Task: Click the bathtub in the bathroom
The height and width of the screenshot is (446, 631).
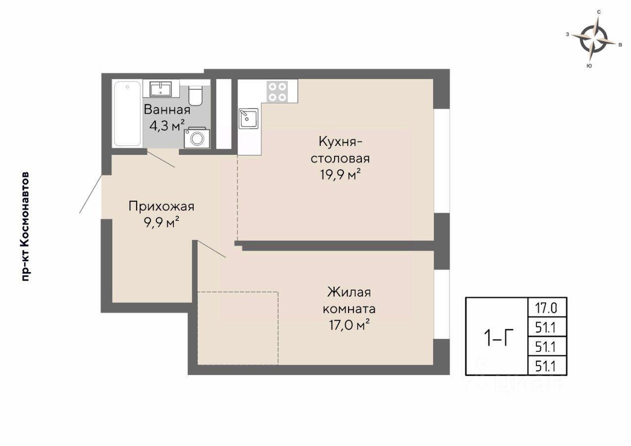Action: click(127, 114)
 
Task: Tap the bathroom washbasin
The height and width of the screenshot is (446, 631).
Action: click(161, 89)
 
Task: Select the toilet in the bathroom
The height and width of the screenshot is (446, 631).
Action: click(195, 96)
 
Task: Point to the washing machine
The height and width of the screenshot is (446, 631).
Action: click(197, 138)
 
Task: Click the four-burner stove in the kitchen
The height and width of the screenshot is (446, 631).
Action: click(278, 91)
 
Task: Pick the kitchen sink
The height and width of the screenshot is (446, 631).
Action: click(248, 119)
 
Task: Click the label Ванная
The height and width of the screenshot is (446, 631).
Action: click(167, 110)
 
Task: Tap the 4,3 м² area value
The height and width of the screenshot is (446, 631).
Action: click(167, 126)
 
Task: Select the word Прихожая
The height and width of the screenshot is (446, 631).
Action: click(161, 206)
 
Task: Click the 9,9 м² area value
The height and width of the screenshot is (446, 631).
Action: click(162, 223)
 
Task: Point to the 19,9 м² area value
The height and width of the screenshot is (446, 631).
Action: click(340, 174)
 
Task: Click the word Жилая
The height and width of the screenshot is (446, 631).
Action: click(349, 292)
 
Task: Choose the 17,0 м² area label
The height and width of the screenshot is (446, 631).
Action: click(350, 325)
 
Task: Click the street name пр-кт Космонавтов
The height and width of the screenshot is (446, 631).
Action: click(26, 226)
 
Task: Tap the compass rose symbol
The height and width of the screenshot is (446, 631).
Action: click(593, 42)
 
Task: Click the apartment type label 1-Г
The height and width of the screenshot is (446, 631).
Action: click(498, 337)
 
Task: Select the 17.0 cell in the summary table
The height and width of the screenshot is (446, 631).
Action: click(546, 308)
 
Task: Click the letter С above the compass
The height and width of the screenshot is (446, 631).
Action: click(599, 12)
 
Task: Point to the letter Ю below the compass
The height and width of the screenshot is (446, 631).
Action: click(589, 66)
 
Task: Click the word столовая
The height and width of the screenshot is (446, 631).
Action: click(340, 159)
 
